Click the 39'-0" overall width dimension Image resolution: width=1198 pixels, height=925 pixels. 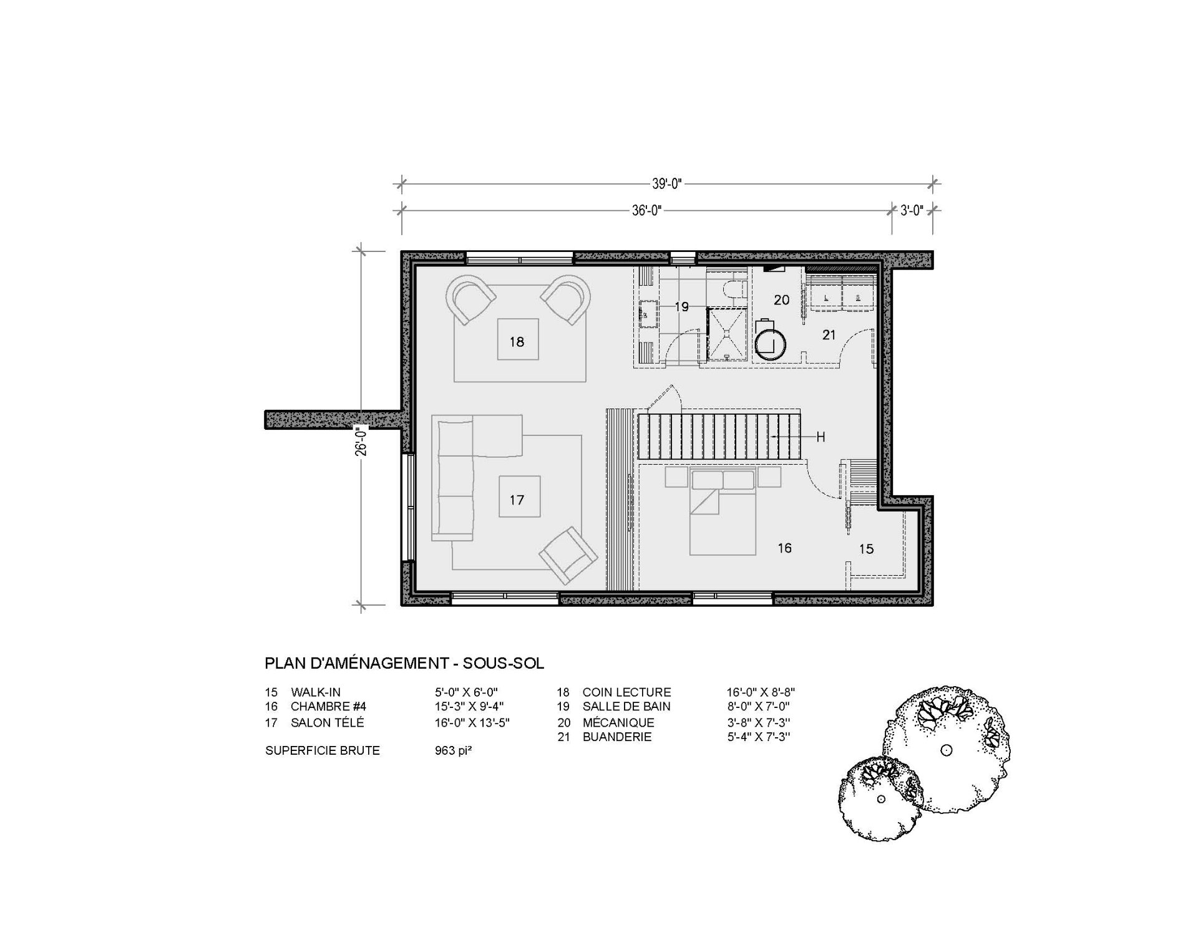pyautogui.click(x=666, y=184)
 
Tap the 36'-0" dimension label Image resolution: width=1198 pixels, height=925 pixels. pyautogui.click(x=646, y=211)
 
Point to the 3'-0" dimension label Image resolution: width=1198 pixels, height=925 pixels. pyautogui.click(x=912, y=211)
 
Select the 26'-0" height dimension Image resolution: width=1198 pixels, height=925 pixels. pyautogui.click(x=361, y=442)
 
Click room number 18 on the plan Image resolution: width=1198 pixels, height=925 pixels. pyautogui.click(x=517, y=342)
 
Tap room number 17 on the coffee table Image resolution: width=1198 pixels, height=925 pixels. pyautogui.click(x=517, y=500)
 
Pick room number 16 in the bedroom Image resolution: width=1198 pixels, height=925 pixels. pyautogui.click(x=784, y=548)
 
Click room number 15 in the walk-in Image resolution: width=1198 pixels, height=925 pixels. pyautogui.click(x=866, y=549)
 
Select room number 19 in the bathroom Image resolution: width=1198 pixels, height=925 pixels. pyautogui.click(x=681, y=307)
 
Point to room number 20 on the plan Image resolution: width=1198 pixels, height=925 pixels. pyautogui.click(x=782, y=300)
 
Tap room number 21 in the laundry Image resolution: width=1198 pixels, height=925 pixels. pyautogui.click(x=829, y=335)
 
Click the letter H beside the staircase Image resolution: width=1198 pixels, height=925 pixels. pyautogui.click(x=821, y=437)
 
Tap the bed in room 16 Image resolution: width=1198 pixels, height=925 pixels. pyautogui.click(x=723, y=512)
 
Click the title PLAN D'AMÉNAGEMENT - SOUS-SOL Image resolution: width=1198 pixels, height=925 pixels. pyautogui.click(x=404, y=662)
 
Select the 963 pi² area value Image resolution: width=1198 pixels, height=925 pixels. pyautogui.click(x=453, y=750)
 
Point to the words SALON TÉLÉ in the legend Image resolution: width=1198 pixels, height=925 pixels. pyautogui.click(x=327, y=722)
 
